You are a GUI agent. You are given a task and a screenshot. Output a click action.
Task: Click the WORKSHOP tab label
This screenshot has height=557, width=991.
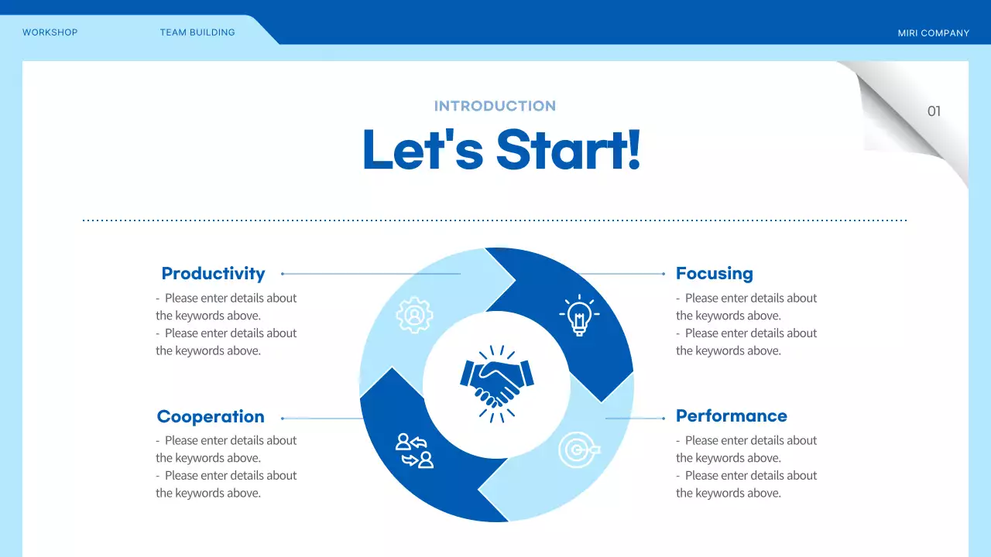(x=50, y=32)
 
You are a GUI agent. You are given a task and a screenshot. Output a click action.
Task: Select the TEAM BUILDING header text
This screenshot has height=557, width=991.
(x=197, y=32)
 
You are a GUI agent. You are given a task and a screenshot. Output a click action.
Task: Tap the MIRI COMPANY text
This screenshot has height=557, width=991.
(x=934, y=33)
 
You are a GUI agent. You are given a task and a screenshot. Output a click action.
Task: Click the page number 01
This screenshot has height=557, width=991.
(x=934, y=111)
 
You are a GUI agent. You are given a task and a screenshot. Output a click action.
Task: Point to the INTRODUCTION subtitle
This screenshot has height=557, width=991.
(x=495, y=106)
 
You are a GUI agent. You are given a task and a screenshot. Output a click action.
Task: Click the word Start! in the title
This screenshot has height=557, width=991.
(x=568, y=149)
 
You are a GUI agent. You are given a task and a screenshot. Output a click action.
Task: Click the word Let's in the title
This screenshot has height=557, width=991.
(x=423, y=149)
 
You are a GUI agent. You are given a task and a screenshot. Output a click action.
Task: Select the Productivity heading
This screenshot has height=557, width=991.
(x=213, y=274)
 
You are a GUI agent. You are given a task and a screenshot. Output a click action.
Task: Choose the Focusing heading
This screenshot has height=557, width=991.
(x=715, y=274)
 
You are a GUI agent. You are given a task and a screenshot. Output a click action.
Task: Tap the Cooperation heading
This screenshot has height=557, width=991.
(x=211, y=416)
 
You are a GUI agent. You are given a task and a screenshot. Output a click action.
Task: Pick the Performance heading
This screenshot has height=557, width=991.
(x=732, y=416)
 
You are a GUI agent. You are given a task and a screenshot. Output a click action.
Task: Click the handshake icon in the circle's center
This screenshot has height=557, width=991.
(x=497, y=384)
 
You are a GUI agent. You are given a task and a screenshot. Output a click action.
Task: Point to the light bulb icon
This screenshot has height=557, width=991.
(x=579, y=315)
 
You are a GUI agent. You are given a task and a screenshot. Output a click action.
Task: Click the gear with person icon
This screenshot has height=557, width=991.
(x=414, y=315)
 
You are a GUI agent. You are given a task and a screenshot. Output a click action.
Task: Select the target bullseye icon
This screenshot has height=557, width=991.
(x=578, y=449)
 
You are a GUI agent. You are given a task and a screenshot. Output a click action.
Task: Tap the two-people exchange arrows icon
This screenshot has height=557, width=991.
(x=414, y=450)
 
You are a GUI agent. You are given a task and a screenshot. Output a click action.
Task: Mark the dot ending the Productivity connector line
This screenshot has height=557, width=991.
(x=283, y=274)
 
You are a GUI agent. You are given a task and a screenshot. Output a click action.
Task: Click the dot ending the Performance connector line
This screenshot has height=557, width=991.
(x=664, y=419)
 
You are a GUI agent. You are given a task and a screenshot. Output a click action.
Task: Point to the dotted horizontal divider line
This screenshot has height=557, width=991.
(x=495, y=220)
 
